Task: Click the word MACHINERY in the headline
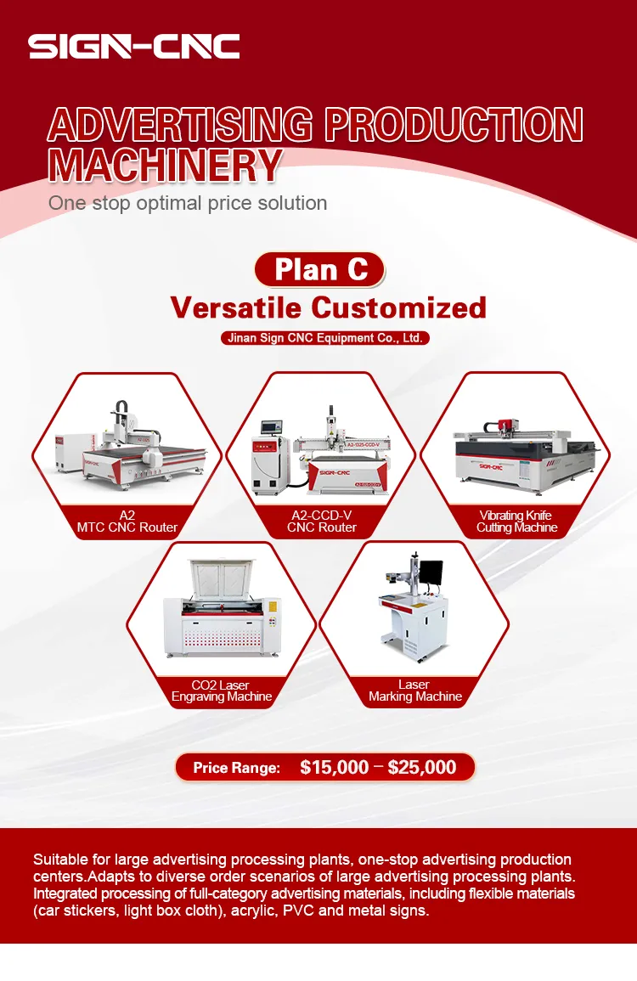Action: click(x=164, y=164)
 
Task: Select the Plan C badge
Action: click(x=320, y=269)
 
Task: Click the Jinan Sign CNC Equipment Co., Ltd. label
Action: click(x=324, y=338)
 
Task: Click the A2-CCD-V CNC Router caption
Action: click(x=321, y=522)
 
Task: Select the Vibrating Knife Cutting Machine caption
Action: click(x=516, y=522)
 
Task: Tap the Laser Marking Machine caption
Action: click(x=414, y=691)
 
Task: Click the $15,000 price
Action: click(x=335, y=767)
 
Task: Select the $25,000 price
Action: click(x=422, y=767)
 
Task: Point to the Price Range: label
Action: click(x=236, y=768)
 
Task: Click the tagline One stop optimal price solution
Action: click(x=188, y=203)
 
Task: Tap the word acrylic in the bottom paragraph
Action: click(x=277, y=911)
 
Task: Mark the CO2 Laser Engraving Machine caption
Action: click(x=222, y=691)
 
